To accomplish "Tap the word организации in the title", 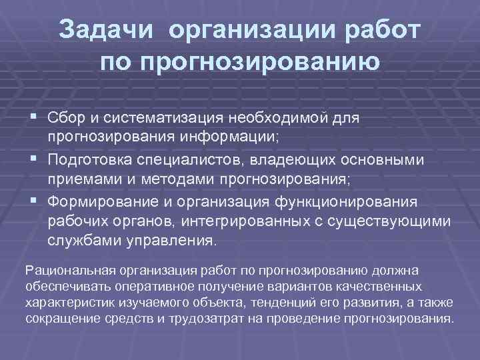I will [250, 30].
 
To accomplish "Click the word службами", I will [80, 241].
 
